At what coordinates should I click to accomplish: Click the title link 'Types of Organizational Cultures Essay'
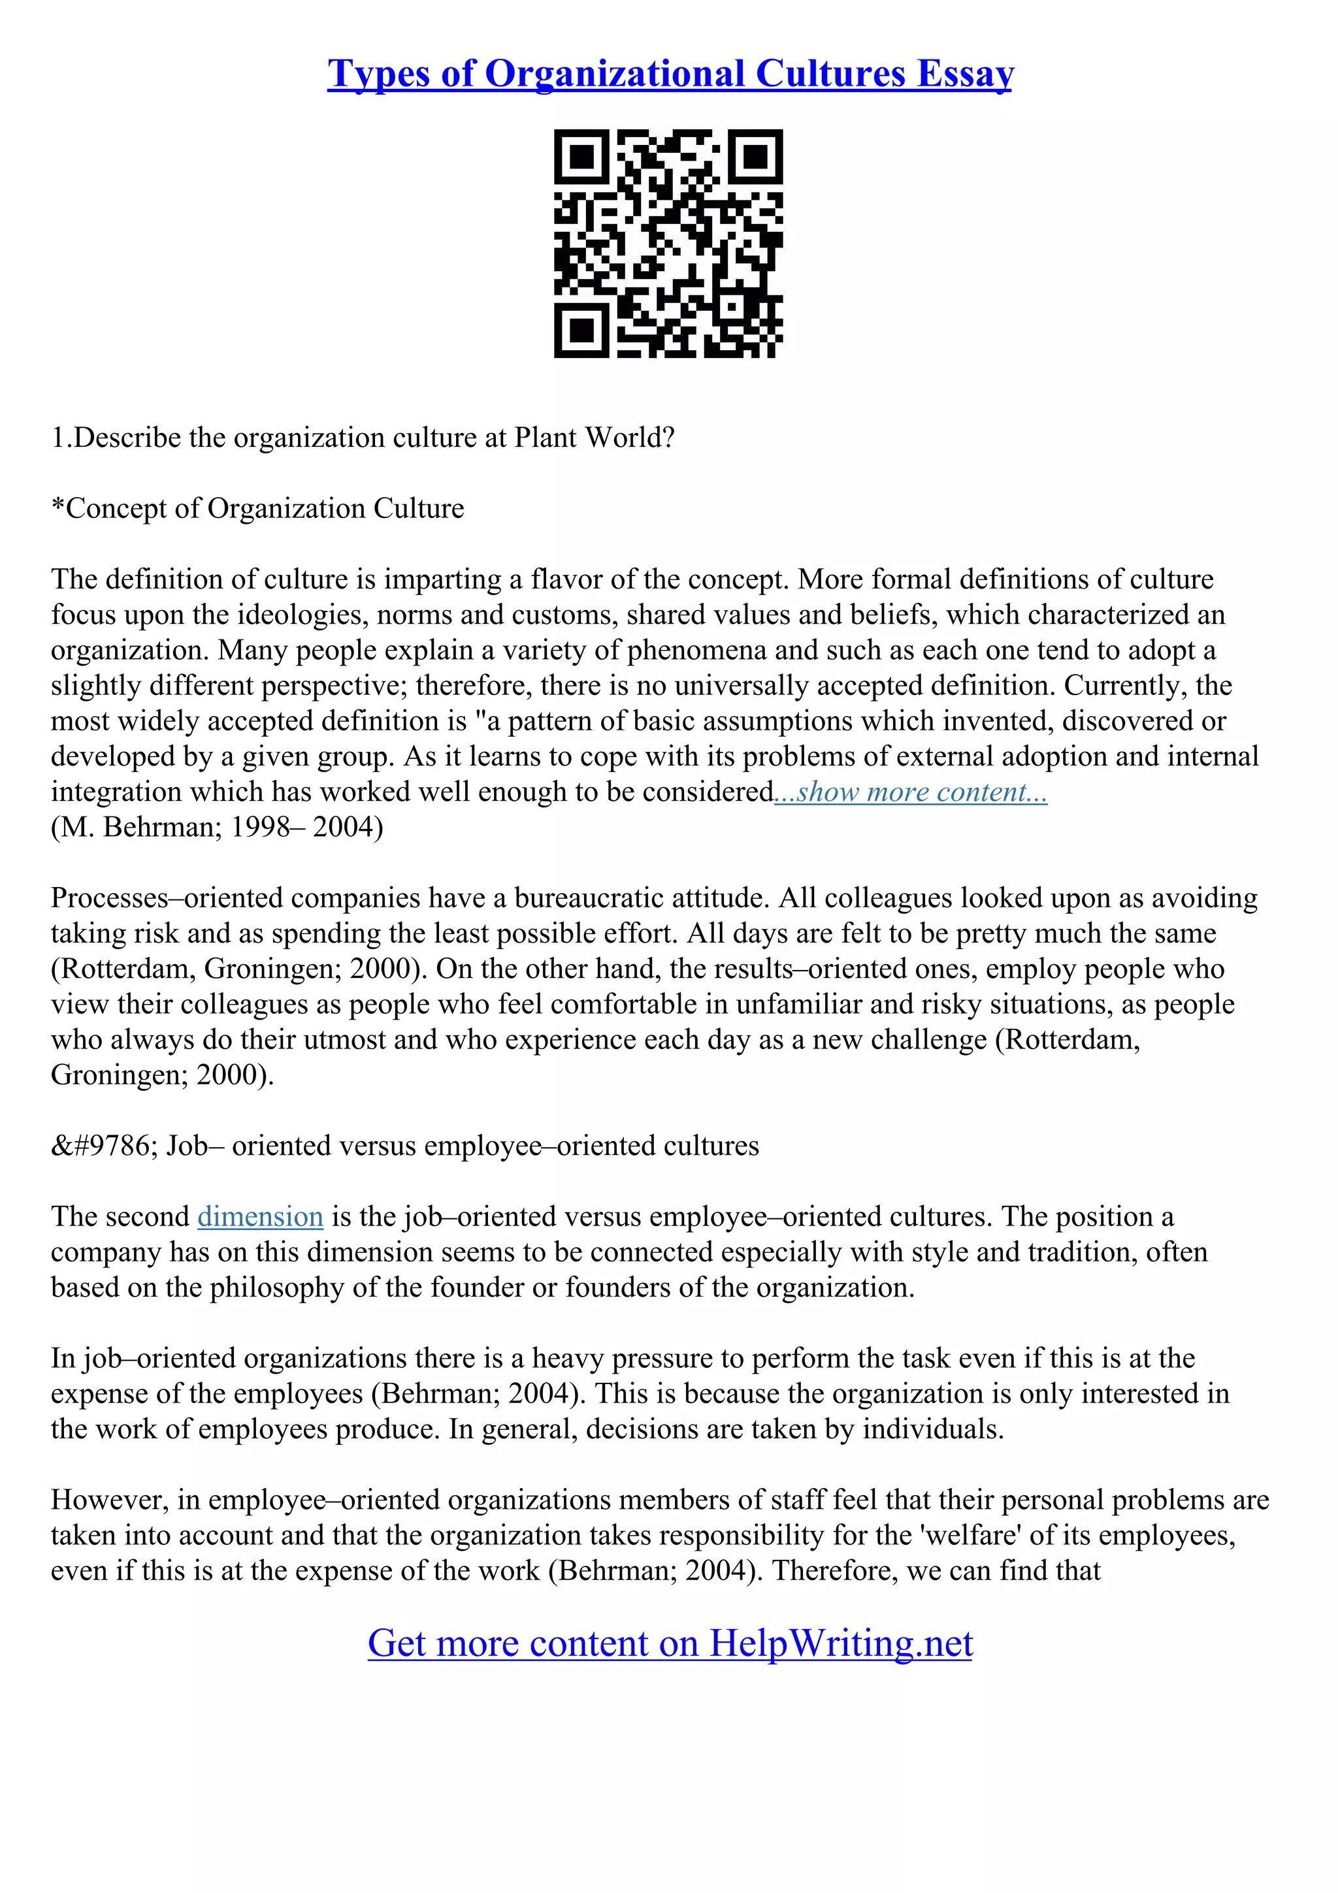point(670,74)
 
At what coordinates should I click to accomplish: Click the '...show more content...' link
point(910,792)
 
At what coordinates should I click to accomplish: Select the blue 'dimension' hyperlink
point(259,1217)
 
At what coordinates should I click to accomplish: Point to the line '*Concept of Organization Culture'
point(257,509)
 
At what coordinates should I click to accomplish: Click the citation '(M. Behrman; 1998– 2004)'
point(217,827)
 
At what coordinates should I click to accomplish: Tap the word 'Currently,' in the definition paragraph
point(1131,686)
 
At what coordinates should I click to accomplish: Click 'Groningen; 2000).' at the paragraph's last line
point(161,1075)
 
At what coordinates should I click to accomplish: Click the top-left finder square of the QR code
point(582,157)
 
